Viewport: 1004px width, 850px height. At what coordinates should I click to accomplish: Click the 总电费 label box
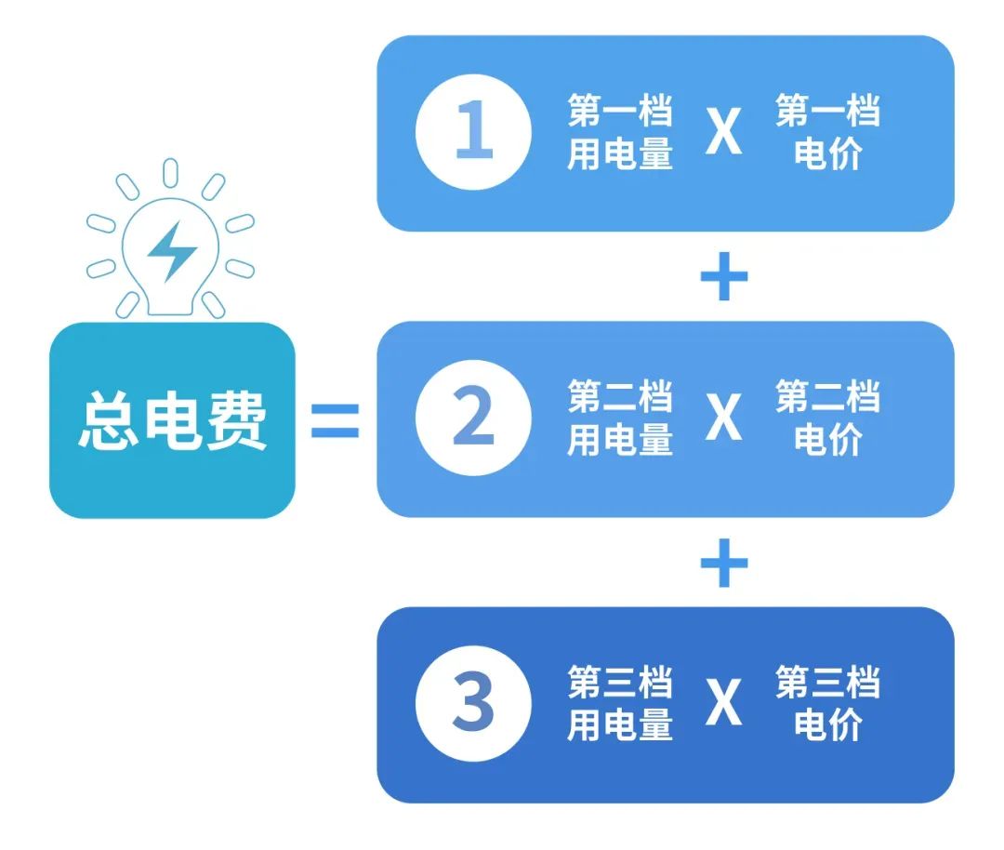pos(172,420)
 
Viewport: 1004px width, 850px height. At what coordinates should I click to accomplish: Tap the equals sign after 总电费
pos(335,420)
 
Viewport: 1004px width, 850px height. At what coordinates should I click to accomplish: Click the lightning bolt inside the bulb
pos(172,252)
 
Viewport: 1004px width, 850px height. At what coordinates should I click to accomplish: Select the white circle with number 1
pos(473,132)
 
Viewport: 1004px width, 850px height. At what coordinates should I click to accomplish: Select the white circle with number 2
pos(473,418)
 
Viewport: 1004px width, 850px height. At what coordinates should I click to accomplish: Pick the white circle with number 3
pos(473,703)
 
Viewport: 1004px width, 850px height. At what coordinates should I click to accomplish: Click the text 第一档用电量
pos(620,132)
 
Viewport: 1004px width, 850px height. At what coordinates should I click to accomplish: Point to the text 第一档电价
pos(828,132)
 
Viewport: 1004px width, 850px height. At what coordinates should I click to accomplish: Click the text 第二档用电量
pos(620,418)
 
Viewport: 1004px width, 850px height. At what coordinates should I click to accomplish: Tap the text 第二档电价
pos(828,418)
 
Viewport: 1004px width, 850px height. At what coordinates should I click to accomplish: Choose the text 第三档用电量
pos(620,703)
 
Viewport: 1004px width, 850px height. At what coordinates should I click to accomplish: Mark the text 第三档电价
pos(828,703)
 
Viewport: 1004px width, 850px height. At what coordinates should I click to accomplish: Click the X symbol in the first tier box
pos(723,131)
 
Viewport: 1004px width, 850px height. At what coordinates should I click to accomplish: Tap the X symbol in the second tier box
pos(723,417)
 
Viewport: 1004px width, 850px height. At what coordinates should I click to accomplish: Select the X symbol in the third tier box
pos(723,703)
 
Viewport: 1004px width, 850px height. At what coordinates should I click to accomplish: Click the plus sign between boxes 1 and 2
pos(724,276)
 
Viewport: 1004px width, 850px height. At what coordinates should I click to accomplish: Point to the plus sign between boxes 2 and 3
pos(724,563)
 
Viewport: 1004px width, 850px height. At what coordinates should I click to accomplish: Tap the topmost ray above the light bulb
pos(170,173)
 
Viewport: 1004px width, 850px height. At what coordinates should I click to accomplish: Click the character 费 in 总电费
pos(236,420)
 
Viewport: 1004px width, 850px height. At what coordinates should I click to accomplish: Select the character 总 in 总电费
pos(108,420)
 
